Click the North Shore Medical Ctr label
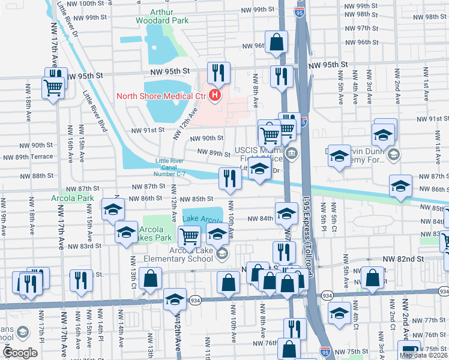(x=160, y=96)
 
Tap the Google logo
(x=20, y=353)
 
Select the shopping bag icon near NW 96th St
(x=277, y=43)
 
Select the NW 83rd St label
(x=82, y=246)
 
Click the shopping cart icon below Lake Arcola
(x=190, y=236)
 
